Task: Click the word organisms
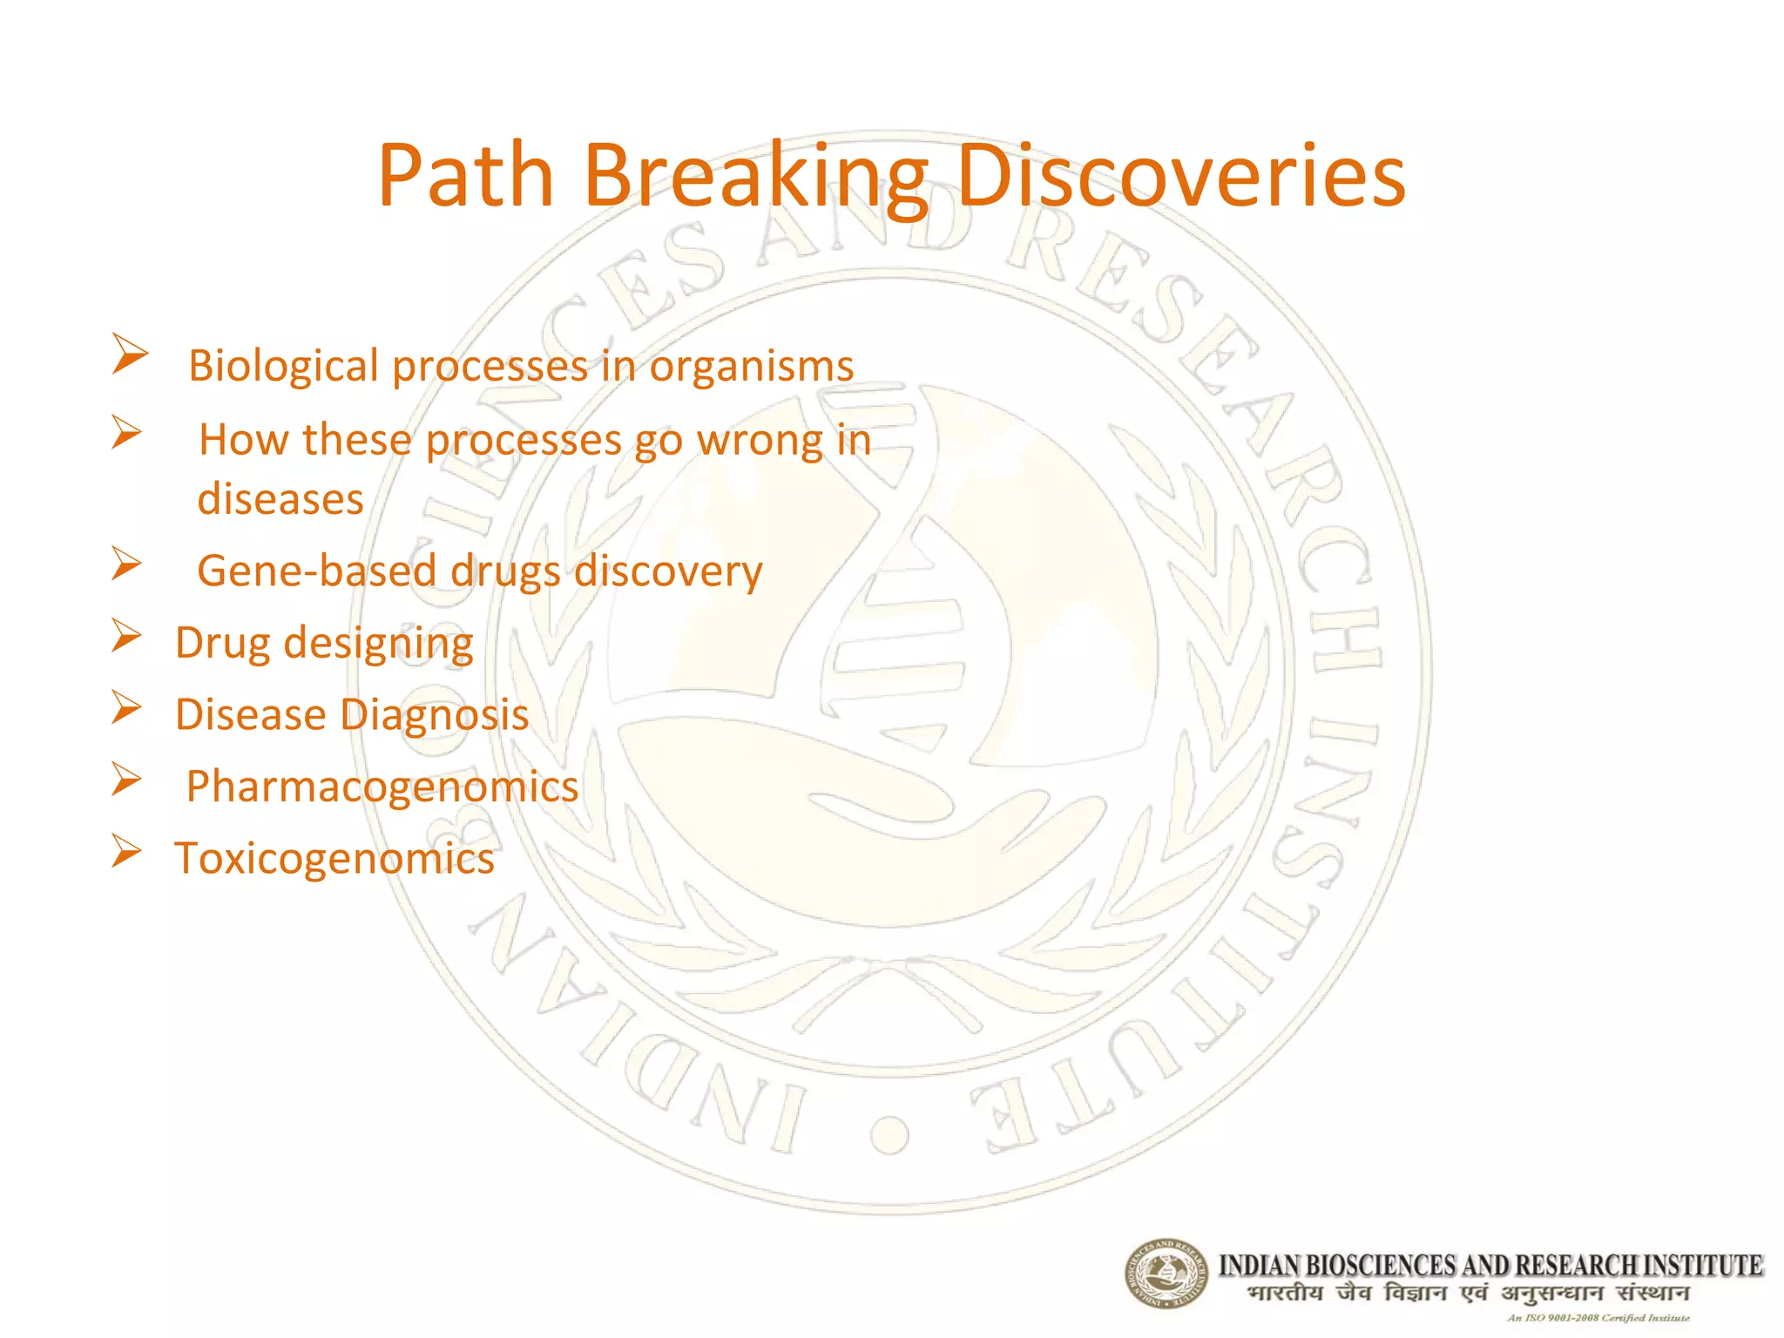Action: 751,367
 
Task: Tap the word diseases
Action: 280,499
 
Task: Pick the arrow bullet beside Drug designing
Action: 126,636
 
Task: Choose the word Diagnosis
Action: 435,715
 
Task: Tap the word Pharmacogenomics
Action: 382,787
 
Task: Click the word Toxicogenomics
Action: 334,859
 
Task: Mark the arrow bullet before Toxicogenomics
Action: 126,851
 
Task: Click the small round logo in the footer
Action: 1166,1274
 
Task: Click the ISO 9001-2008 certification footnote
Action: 1598,1318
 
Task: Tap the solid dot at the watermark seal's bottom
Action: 889,1134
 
